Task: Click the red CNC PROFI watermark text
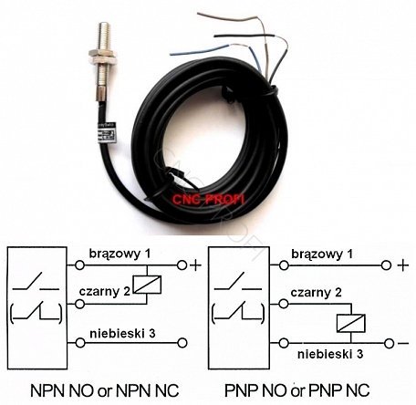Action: tap(208, 200)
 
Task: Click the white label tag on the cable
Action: tap(105, 134)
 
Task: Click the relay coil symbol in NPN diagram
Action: tap(147, 285)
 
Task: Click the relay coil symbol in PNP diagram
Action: tap(350, 323)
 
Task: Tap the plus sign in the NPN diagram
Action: tap(195, 265)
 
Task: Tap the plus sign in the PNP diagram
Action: tap(403, 265)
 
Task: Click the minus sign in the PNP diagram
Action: tap(403, 344)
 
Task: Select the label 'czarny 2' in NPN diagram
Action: tap(104, 292)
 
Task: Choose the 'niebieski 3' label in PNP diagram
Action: tap(330, 354)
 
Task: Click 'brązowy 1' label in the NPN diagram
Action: tap(120, 254)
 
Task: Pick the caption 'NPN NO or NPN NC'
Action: tap(105, 390)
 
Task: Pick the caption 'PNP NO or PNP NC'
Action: tap(296, 390)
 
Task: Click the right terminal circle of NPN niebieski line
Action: tap(182, 343)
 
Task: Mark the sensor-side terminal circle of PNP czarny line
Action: tap(284, 304)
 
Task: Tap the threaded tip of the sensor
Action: tap(104, 35)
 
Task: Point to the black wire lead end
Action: tap(216, 36)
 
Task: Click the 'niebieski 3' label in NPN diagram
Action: tap(122, 334)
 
